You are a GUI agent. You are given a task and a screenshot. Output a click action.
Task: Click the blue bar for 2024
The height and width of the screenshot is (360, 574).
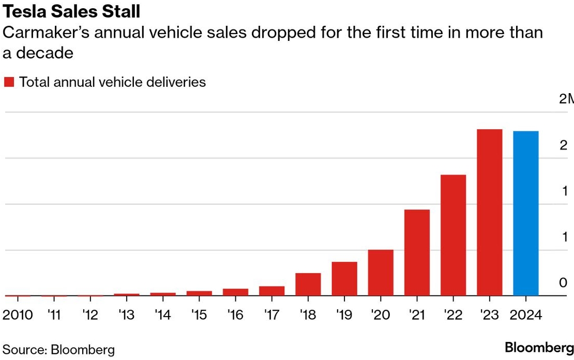click(x=525, y=213)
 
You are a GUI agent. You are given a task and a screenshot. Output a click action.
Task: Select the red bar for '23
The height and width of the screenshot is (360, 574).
click(x=489, y=212)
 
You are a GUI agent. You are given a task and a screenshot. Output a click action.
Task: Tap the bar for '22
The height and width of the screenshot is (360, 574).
click(x=453, y=235)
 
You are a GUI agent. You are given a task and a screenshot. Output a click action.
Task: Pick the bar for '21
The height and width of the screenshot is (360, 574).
click(x=417, y=252)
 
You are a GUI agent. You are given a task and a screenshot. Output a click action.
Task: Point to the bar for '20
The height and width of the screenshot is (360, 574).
click(x=381, y=273)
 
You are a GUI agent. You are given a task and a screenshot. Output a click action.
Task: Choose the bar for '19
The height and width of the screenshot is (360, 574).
click(x=344, y=279)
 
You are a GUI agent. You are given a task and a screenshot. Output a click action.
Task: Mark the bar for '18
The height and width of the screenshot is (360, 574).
click(x=308, y=284)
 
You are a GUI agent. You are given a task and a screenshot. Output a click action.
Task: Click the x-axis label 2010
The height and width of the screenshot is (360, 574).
click(x=18, y=315)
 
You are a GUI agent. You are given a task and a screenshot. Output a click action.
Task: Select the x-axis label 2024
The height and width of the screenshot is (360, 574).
click(x=525, y=315)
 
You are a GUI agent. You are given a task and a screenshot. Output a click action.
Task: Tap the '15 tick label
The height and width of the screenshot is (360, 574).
click(x=199, y=315)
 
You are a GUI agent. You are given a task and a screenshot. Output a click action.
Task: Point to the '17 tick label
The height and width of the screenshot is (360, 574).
click(x=271, y=315)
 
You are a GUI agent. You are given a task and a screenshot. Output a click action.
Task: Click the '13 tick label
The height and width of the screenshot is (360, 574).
click(x=127, y=315)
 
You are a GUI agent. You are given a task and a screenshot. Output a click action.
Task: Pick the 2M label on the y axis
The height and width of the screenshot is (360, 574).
click(x=567, y=99)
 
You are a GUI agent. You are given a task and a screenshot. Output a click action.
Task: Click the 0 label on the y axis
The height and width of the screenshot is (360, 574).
click(x=563, y=282)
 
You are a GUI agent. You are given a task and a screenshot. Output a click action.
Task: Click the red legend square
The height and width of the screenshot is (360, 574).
click(x=9, y=82)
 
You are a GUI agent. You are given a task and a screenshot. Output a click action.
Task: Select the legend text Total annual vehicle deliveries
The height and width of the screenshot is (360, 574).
click(x=112, y=82)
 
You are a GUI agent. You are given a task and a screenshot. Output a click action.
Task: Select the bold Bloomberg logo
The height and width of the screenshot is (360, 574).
click(x=539, y=347)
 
